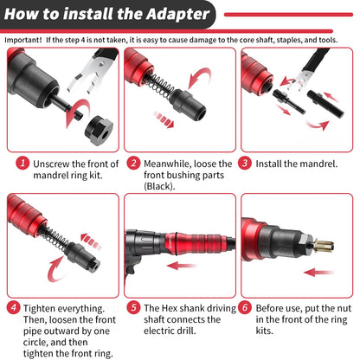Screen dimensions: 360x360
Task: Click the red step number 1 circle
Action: pyautogui.click(x=22, y=163)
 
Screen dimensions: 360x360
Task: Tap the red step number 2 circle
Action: pyautogui.click(x=133, y=163)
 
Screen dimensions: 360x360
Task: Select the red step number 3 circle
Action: pyautogui.click(x=245, y=163)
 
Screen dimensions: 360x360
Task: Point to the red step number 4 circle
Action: pyautogui.click(x=14, y=307)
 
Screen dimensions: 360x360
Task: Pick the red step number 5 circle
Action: pyautogui.click(x=133, y=307)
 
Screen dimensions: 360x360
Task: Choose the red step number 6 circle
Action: pyautogui.click(x=245, y=307)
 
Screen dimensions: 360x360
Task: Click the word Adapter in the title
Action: pyautogui.click(x=177, y=15)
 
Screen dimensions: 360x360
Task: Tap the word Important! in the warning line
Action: pyautogui.click(x=23, y=40)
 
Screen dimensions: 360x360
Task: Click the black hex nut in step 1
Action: pyautogui.click(x=99, y=130)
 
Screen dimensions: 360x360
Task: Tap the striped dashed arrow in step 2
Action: pyautogui.click(x=164, y=119)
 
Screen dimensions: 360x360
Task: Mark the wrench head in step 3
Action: pyautogui.click(x=301, y=80)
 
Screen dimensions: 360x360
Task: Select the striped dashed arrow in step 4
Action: pyautogui.click(x=91, y=241)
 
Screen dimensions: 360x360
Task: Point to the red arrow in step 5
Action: pyautogui.click(x=182, y=266)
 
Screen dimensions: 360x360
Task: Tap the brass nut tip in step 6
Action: pyautogui.click(x=325, y=246)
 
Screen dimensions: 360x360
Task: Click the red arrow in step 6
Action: pyautogui.click(x=318, y=272)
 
